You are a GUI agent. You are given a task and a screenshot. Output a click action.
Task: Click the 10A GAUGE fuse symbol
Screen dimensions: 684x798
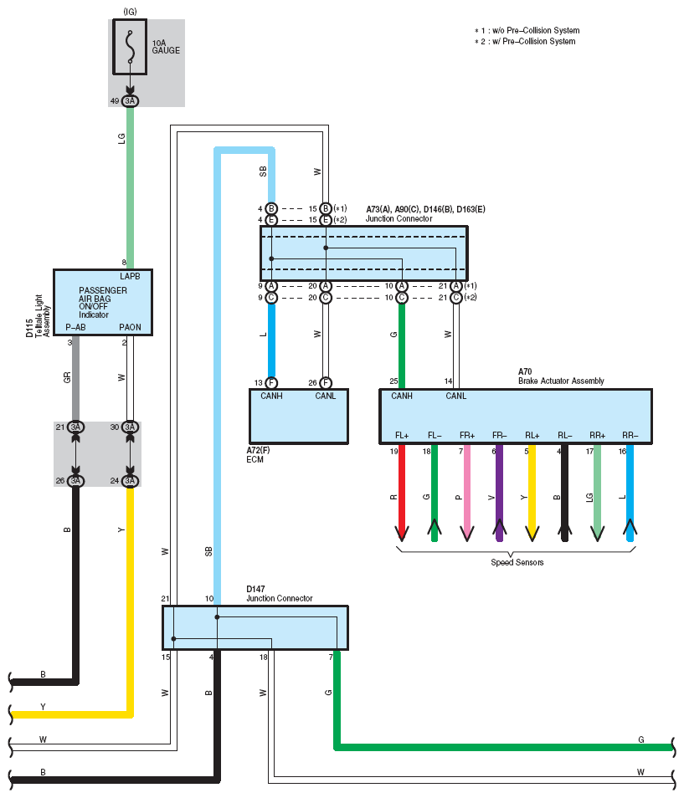(x=130, y=47)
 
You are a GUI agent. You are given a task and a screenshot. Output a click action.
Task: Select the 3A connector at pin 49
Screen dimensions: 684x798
(x=130, y=100)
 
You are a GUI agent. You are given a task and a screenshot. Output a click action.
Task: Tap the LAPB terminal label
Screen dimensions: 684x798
(x=130, y=276)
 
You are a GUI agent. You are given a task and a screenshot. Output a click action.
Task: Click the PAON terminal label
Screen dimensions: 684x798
(x=130, y=327)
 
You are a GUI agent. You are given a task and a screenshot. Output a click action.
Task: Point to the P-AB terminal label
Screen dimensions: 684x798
(x=75, y=327)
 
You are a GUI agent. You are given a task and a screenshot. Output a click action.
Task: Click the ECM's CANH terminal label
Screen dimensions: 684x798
(x=271, y=396)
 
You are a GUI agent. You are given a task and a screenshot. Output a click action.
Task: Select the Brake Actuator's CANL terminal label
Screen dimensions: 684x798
(x=455, y=396)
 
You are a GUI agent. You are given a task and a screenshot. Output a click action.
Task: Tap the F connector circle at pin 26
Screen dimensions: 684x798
(x=326, y=383)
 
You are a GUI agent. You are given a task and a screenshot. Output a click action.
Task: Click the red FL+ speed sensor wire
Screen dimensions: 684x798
(x=402, y=492)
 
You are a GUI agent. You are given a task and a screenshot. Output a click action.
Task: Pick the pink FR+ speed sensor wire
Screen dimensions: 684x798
(x=467, y=492)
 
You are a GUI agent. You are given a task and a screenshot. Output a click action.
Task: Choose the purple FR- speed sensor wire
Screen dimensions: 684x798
(x=499, y=492)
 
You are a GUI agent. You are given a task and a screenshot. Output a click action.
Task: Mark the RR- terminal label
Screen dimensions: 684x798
(x=630, y=435)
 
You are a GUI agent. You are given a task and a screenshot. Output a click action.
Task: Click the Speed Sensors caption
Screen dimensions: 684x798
(x=517, y=562)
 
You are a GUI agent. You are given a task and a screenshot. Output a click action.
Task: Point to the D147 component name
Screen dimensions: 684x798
(x=255, y=589)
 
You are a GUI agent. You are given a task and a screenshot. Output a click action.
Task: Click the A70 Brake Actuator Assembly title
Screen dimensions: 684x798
(x=561, y=376)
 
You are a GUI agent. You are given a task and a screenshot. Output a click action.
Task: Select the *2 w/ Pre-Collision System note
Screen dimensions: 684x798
(x=525, y=41)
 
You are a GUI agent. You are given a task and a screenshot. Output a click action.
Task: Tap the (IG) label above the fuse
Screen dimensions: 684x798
(x=130, y=11)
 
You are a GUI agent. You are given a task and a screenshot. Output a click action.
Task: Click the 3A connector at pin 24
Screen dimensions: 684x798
(x=130, y=481)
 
